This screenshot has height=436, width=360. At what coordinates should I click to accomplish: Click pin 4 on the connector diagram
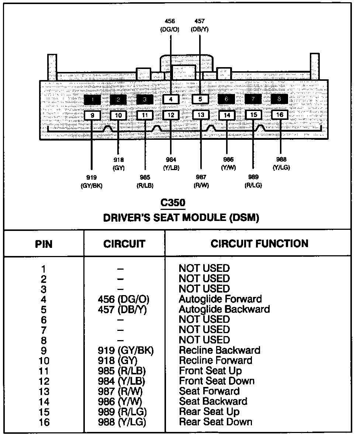pyautogui.click(x=171, y=99)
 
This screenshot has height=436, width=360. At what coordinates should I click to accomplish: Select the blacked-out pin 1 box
pyautogui.click(x=92, y=99)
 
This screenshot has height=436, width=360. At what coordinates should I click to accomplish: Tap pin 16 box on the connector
pyautogui.click(x=280, y=115)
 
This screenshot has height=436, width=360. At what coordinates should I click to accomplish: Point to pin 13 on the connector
pyautogui.click(x=200, y=115)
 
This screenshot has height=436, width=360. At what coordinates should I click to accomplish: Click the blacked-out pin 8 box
pyautogui.click(x=279, y=99)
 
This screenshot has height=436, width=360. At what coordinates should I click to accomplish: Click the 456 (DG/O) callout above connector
pyautogui.click(x=170, y=25)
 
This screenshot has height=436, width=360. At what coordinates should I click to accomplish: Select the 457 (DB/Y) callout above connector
pyautogui.click(x=200, y=25)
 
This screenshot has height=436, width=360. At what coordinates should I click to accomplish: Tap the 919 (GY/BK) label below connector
pyautogui.click(x=91, y=182)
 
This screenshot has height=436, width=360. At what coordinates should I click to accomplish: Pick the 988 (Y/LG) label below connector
pyautogui.click(x=281, y=163)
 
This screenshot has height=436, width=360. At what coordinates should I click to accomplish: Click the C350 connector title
pyautogui.click(x=173, y=203)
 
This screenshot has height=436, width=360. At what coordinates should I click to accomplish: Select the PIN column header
pyautogui.click(x=44, y=244)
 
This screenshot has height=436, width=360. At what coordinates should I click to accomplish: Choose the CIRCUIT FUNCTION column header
pyautogui.click(x=259, y=243)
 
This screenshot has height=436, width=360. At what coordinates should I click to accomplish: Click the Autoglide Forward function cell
pyautogui.click(x=220, y=299)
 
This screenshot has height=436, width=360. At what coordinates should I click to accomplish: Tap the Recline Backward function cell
pyautogui.click(x=219, y=350)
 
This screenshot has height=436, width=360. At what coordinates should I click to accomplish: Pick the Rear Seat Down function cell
pyautogui.click(x=215, y=422)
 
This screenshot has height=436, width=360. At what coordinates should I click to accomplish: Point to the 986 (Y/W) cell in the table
pyautogui.click(x=120, y=401)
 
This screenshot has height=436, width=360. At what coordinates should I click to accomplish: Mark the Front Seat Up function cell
pyautogui.click(x=210, y=371)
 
